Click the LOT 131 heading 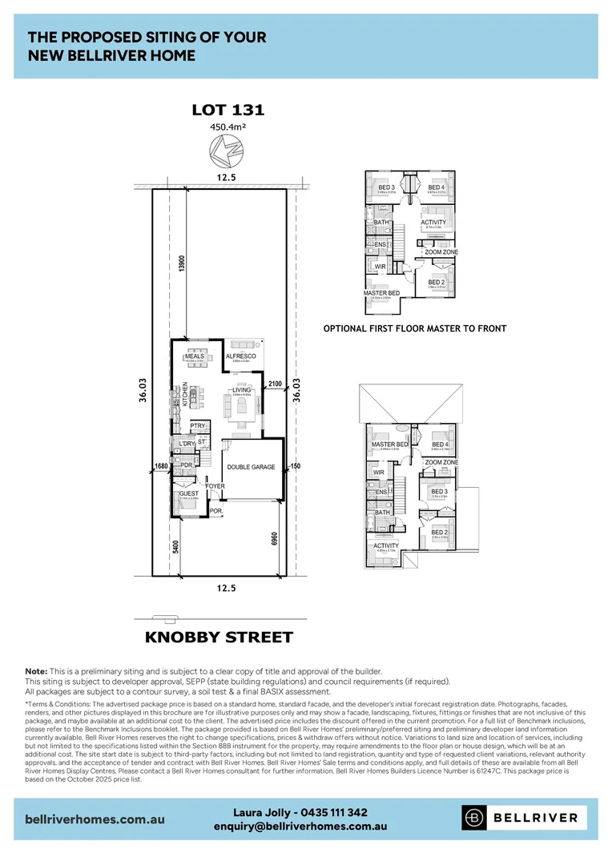point(228,111)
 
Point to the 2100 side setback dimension point(276,385)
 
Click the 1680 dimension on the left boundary point(160,465)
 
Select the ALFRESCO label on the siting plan point(240,356)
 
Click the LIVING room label point(242,390)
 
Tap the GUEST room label point(189,494)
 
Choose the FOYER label point(215,486)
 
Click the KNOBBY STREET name point(219,638)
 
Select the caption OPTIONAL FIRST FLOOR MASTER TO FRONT point(414,328)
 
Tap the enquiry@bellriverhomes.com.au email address point(300,826)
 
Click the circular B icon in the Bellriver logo point(475,818)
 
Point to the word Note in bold point(36,670)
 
